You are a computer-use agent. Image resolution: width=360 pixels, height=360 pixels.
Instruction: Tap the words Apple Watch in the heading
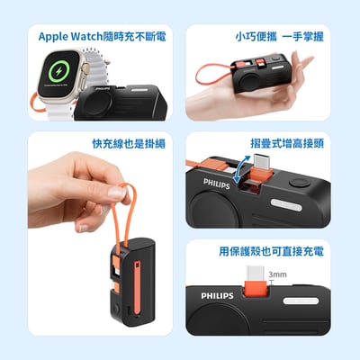[x=73, y=37]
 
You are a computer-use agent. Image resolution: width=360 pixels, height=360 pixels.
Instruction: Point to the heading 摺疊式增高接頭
[x=286, y=143]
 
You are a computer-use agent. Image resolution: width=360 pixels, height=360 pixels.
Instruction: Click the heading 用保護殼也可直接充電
[x=271, y=251]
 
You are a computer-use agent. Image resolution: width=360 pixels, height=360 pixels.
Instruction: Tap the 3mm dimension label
[x=277, y=273]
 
